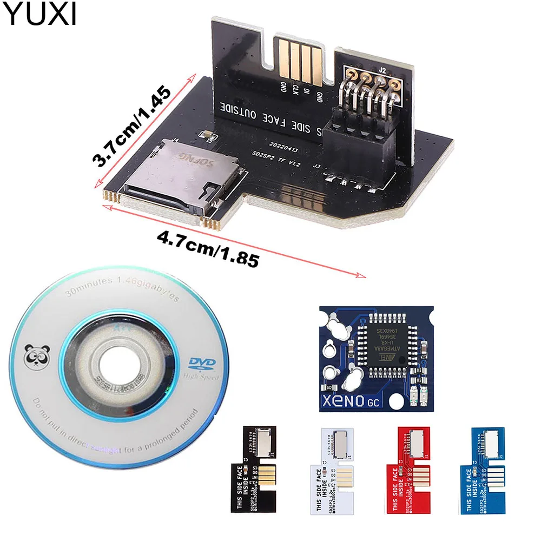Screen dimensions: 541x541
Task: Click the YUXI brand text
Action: tap(39, 15)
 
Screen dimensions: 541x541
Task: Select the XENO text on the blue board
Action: tap(352, 401)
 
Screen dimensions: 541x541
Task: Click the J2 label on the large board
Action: tap(382, 70)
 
